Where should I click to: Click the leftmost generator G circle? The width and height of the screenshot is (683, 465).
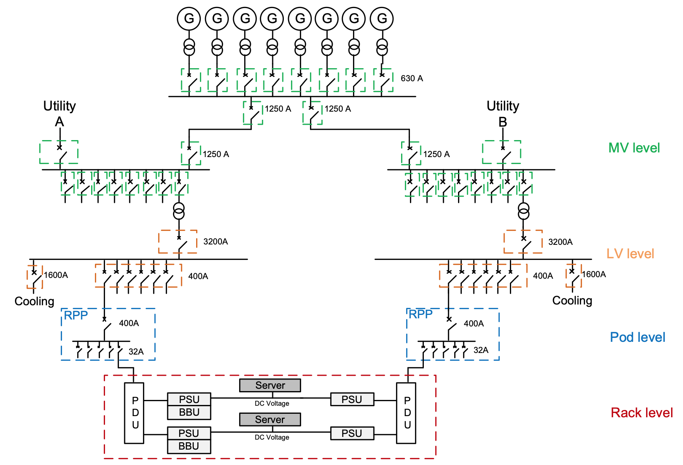click(189, 18)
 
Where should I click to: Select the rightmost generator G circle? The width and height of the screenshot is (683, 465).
click(381, 18)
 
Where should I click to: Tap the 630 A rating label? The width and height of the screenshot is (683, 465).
click(411, 79)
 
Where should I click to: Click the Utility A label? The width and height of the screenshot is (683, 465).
click(60, 113)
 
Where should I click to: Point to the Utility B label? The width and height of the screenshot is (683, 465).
click(503, 113)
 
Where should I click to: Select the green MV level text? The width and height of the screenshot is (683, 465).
click(634, 148)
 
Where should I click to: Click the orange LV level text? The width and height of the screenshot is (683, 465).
click(630, 254)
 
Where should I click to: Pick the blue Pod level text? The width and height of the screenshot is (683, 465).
click(637, 337)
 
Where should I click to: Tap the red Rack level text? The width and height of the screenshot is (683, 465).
click(641, 413)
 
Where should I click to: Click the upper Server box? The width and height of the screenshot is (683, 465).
click(270, 385)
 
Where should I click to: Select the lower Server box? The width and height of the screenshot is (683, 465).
click(270, 420)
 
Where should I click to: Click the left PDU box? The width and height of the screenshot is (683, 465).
click(134, 413)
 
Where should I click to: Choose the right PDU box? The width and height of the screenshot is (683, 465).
click(406, 413)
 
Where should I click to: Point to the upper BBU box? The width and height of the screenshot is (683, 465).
click(189, 412)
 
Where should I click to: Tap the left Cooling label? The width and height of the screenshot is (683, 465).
click(34, 301)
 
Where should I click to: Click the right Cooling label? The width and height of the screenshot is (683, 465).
click(572, 300)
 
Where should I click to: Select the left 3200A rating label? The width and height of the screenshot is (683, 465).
click(215, 242)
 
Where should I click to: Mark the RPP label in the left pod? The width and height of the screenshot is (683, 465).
click(76, 315)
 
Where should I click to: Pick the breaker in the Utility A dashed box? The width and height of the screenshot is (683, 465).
click(60, 152)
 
